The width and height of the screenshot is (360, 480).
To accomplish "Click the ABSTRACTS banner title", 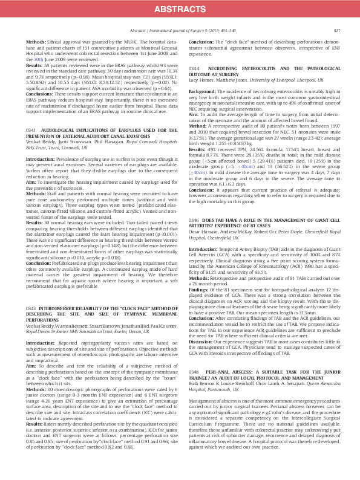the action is [x=180, y=9].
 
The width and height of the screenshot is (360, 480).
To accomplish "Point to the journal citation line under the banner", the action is [x=180, y=30].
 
